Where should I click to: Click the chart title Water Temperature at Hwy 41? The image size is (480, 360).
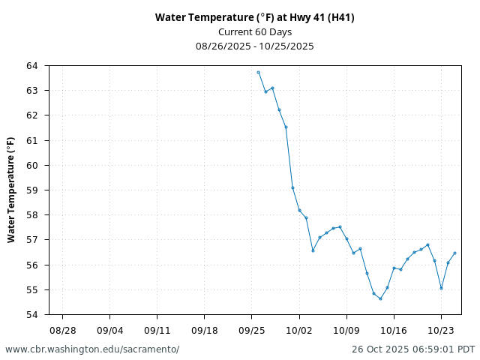[x=255, y=17]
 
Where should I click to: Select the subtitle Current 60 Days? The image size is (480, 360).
[x=255, y=31]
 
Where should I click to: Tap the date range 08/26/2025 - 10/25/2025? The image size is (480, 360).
[x=255, y=46]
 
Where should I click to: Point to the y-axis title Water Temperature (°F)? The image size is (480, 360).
[x=11, y=190]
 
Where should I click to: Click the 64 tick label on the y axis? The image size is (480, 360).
[x=32, y=66]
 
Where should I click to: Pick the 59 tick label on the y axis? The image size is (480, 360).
[x=32, y=190]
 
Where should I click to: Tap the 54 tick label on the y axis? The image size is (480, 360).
[x=32, y=315]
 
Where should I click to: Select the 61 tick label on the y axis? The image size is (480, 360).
[x=32, y=140]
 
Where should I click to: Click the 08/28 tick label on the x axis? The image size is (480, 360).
[x=62, y=329]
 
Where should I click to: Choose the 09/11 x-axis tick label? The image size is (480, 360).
[x=157, y=329]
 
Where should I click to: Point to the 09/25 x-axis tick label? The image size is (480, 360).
[x=251, y=329]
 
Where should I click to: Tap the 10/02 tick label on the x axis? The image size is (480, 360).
[x=299, y=329]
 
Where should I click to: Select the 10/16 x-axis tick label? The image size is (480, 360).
[x=394, y=329]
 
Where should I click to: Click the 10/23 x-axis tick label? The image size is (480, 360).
[x=441, y=329]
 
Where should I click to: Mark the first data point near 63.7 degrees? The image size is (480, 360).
[x=258, y=72]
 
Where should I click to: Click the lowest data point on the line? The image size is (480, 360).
[x=380, y=298]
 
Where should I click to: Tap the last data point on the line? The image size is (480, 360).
[x=454, y=253]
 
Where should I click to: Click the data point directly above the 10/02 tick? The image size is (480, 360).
[x=299, y=210]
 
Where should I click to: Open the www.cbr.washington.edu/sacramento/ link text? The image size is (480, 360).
[x=92, y=349]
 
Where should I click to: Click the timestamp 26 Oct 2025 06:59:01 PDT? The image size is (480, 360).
[x=413, y=349]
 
